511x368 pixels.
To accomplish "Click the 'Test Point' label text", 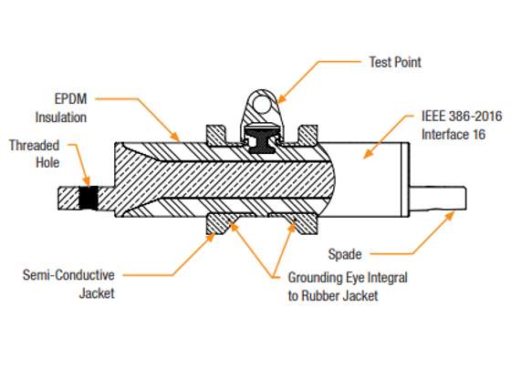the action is coord(395,62).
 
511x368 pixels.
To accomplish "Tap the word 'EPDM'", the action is coord(71,99).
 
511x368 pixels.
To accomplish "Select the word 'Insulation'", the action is coord(61,118).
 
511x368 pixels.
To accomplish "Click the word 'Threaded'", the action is coord(35,146).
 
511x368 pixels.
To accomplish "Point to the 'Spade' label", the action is coord(345,254).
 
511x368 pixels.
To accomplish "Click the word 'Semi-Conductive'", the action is coord(68,275).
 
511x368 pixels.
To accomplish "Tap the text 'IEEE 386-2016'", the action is coord(462,117).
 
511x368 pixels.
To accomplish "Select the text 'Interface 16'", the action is coord(454,135).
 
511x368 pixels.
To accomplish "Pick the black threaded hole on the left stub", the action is coord(89,198).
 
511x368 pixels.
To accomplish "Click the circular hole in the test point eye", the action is coord(262,104).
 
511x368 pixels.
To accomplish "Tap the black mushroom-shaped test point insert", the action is coord(262,138).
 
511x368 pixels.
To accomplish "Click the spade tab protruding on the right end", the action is coord(438,198).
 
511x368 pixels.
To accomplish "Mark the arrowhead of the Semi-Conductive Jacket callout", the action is coord(211,237).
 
